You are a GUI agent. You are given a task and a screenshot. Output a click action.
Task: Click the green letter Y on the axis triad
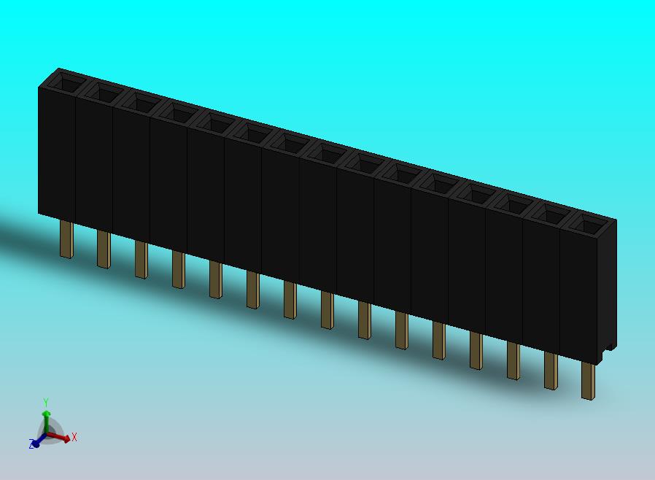pyautogui.click(x=46, y=403)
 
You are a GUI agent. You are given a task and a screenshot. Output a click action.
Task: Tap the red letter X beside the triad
pyautogui.click(x=74, y=437)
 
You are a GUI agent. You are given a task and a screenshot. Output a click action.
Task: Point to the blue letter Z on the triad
pyautogui.click(x=31, y=444)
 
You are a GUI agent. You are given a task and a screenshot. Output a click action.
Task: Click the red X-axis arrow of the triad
pyautogui.click(x=58, y=437)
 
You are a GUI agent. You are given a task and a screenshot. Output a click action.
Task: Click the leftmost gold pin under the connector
pyautogui.click(x=67, y=240)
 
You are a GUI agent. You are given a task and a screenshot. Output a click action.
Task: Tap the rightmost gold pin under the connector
pyautogui.click(x=588, y=382)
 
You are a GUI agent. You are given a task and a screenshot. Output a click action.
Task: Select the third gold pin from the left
pyautogui.click(x=142, y=260)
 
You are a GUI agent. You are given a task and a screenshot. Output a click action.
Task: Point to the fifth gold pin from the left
pyautogui.click(x=216, y=280)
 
